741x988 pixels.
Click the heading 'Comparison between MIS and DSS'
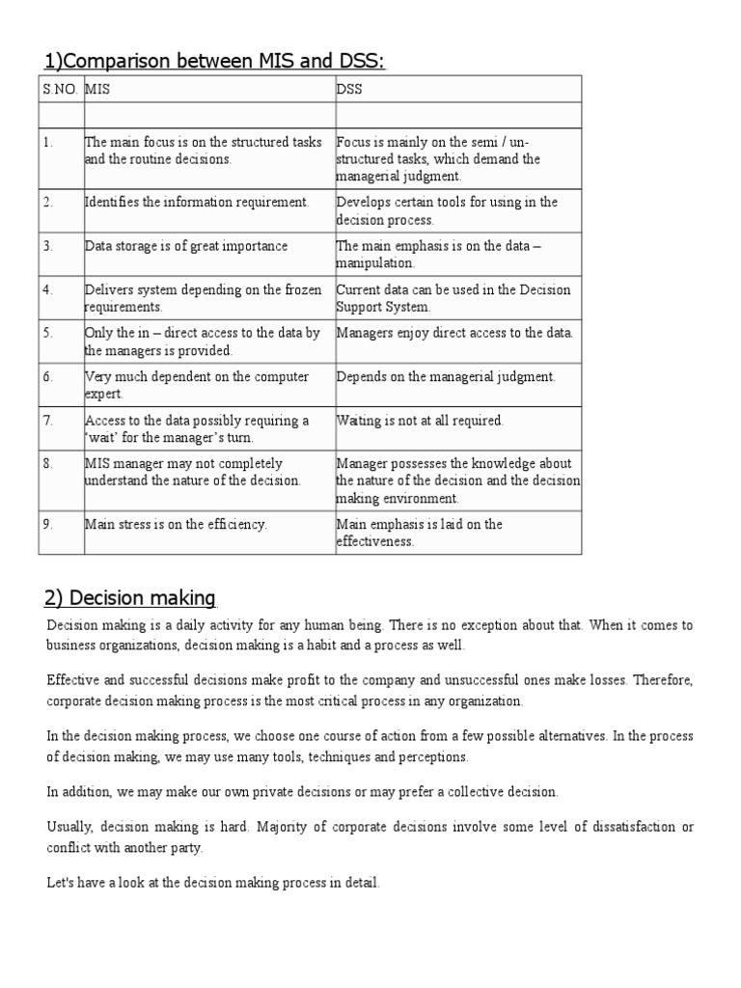point(214,62)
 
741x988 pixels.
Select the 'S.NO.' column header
point(61,90)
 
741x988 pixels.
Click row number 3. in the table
point(47,246)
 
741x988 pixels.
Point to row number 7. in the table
point(47,421)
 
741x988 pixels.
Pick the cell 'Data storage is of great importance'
point(186,246)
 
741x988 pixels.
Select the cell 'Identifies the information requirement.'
point(197,202)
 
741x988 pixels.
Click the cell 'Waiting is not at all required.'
point(420,421)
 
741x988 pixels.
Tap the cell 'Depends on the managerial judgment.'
point(446,376)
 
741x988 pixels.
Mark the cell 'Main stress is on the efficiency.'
point(176,524)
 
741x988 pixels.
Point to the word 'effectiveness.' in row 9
point(375,541)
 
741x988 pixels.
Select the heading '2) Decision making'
point(132,597)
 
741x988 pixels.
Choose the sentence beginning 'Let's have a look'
point(213,882)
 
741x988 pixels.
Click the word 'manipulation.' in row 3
point(375,262)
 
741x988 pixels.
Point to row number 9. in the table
point(47,524)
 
